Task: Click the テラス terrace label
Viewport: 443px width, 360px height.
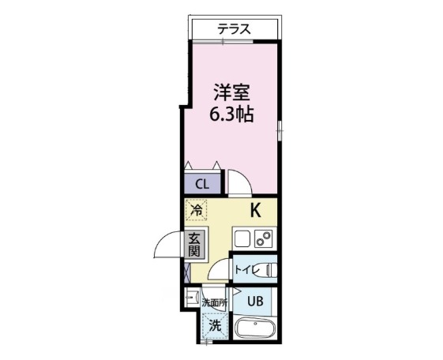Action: point(235,29)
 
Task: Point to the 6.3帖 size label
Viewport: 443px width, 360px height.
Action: point(231,114)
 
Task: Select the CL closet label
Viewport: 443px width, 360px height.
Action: point(202,186)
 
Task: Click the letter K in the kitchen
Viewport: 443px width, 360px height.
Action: point(256,210)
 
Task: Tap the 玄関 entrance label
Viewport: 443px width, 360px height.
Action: point(194,245)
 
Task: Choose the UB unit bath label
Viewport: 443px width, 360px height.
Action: point(256,300)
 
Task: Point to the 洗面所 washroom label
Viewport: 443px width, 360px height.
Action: point(213,302)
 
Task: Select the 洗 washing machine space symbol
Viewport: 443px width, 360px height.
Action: point(213,324)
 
